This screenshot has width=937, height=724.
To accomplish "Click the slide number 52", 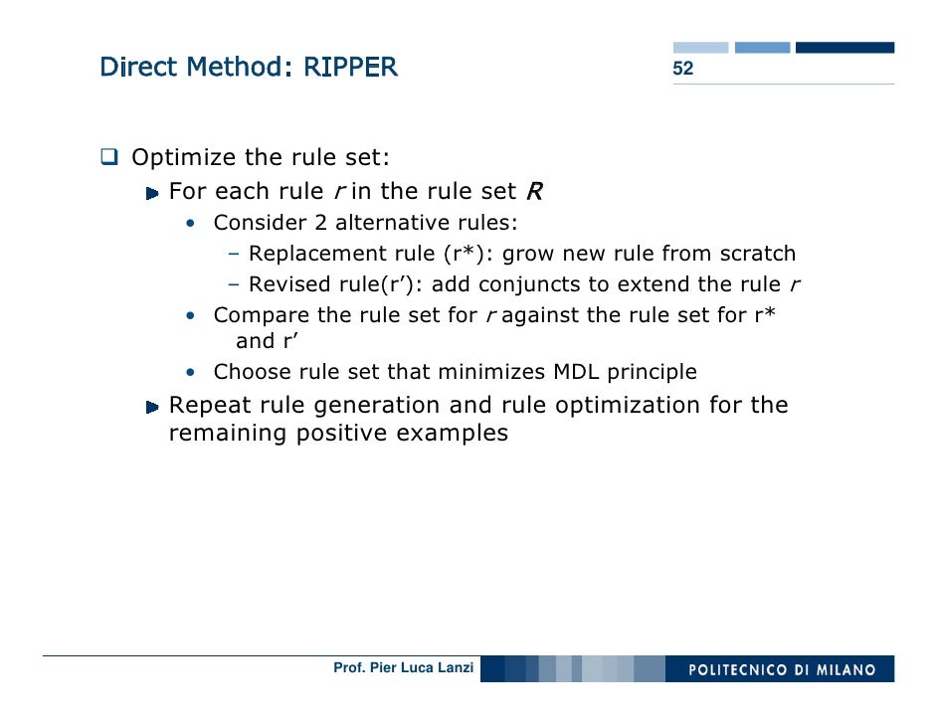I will pos(682,69).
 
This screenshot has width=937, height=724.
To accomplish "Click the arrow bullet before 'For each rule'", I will pos(152,192).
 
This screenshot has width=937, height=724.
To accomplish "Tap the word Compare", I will pos(254,316).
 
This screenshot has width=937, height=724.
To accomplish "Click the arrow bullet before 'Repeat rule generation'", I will pos(152,407).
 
